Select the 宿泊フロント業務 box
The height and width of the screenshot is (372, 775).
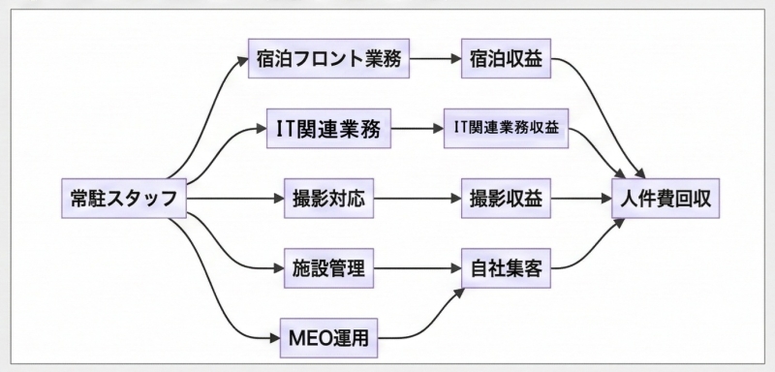tap(327, 58)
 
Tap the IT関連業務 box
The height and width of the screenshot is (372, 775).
tap(320, 128)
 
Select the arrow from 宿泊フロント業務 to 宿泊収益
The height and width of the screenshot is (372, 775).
tap(435, 58)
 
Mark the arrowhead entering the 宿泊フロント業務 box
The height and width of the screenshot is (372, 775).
tap(242, 59)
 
